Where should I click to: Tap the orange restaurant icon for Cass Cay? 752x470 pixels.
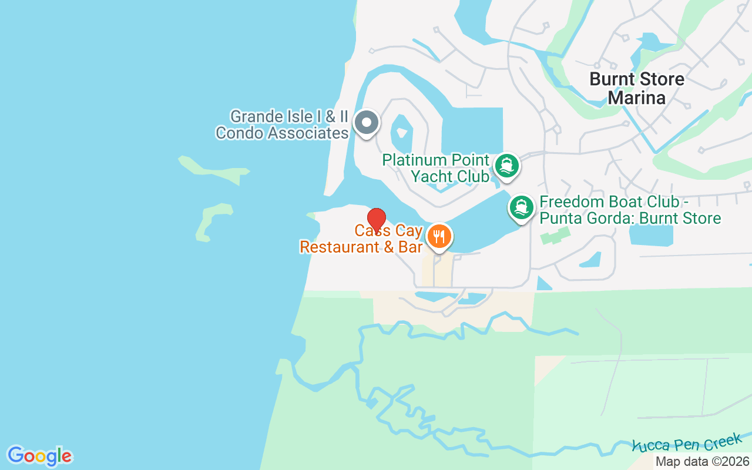438,237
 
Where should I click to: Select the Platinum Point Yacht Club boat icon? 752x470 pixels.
506,166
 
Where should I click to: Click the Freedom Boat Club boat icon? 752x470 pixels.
521,208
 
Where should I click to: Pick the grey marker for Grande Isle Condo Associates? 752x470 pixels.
367,123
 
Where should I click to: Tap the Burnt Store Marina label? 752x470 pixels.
637,88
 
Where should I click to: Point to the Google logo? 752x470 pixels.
39,456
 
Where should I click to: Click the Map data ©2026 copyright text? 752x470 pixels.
703,462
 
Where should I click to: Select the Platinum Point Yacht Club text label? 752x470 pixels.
436,168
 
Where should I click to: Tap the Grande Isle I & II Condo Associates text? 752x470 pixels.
282,125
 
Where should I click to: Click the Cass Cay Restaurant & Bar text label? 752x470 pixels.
361,239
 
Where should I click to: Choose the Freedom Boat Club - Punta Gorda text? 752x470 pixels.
630,210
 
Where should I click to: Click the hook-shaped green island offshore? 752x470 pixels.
213,220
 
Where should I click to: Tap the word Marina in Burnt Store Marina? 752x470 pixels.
637,98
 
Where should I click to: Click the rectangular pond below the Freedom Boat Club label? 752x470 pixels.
651,234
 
